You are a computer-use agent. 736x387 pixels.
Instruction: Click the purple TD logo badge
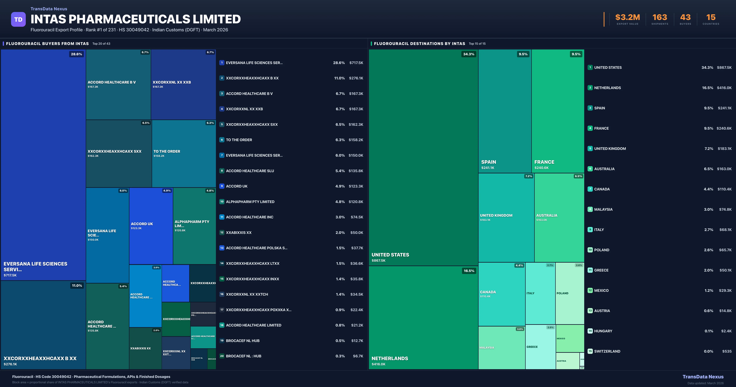pos(18,20)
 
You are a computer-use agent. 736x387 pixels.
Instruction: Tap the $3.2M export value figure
pos(627,18)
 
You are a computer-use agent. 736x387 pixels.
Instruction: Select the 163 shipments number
pos(660,18)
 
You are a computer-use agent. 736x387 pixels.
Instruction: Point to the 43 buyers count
pos(685,18)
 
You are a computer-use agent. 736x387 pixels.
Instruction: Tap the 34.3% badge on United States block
pos(469,54)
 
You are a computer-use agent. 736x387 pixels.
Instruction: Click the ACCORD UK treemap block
pos(151,226)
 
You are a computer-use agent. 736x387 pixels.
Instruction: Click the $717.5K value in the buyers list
pos(356,63)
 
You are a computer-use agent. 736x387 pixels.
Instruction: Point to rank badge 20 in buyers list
pos(222,356)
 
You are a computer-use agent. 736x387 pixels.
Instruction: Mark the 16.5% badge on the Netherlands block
pos(469,271)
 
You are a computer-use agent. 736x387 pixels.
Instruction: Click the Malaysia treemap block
pos(501,348)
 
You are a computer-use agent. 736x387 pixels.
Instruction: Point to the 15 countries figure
pos(711,18)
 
